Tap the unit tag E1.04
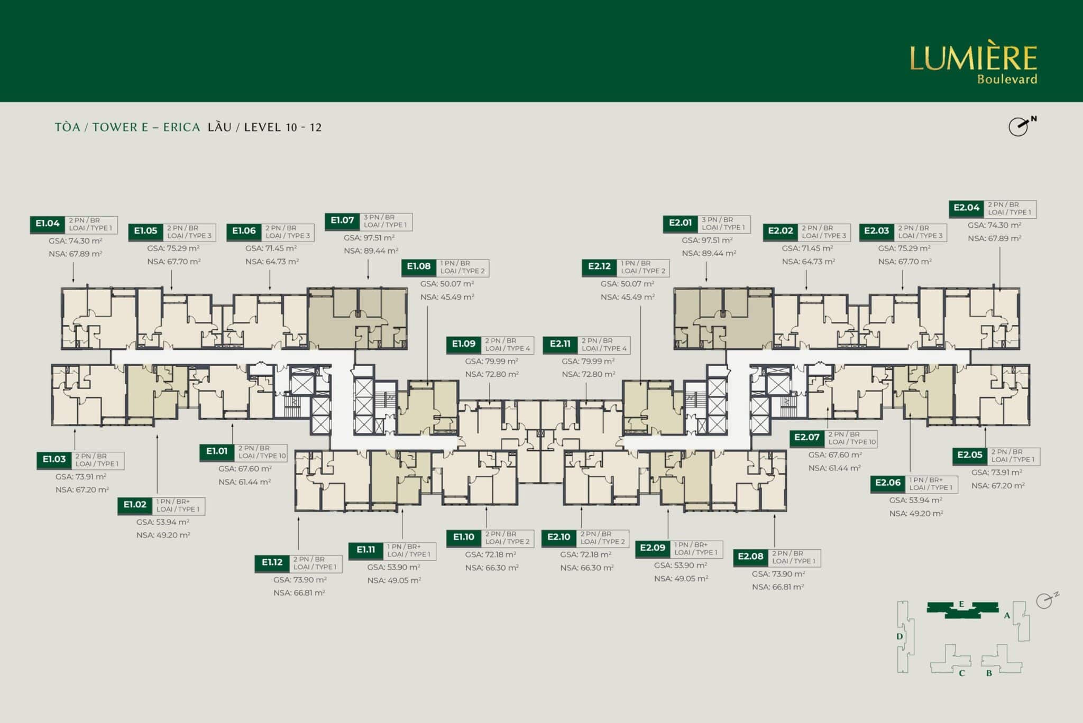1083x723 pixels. click(48, 224)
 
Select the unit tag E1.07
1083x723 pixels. click(342, 221)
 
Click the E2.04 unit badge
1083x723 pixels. click(967, 208)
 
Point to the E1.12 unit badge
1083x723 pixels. click(272, 563)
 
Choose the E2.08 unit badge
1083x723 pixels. click(750, 557)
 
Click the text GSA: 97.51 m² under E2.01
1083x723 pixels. click(707, 240)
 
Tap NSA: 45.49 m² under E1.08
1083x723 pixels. click(447, 297)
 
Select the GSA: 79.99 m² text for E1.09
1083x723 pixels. click(492, 361)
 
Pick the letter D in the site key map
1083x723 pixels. click(900, 636)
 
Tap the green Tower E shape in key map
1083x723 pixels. click(962, 609)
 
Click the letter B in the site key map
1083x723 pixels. click(989, 673)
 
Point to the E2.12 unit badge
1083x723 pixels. click(599, 267)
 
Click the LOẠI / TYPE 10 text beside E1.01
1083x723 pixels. click(262, 456)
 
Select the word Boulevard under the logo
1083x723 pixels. click(1007, 79)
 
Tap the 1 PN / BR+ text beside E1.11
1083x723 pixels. click(404, 546)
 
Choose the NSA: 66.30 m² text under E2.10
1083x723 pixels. click(587, 568)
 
